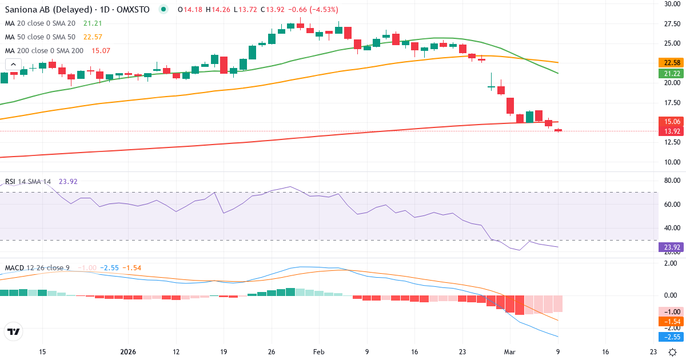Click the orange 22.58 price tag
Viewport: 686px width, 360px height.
pos(669,62)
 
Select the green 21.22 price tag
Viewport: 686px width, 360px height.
pos(669,74)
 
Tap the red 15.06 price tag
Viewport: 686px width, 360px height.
pos(669,121)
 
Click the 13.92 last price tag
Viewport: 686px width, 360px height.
pos(669,131)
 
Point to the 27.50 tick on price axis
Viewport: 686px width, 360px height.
pos(671,23)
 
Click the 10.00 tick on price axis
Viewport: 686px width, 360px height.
pos(671,162)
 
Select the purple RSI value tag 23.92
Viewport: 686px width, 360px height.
pos(669,247)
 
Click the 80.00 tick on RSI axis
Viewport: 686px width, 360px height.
pos(671,181)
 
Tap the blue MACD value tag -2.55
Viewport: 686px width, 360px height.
pos(669,337)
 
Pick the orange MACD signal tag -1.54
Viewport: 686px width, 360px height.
pos(669,322)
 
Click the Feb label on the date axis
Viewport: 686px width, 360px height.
pos(319,352)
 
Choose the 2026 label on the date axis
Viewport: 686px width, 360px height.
pos(128,352)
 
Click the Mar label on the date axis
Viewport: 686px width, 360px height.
pos(510,352)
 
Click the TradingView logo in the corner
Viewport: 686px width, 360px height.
pos(13,331)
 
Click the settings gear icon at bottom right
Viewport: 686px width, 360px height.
pos(673,352)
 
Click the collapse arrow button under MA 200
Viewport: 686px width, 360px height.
pos(13,65)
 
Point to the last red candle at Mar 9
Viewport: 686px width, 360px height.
pos(558,130)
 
